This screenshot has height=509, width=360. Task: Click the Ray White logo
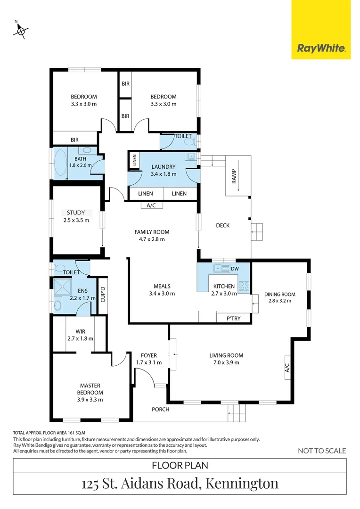coord(321,48)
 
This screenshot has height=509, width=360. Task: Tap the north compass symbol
coord(21,31)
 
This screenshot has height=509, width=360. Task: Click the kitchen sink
coord(220,269)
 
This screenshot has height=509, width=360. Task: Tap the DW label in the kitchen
coord(234,269)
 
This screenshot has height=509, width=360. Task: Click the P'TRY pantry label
coord(233,319)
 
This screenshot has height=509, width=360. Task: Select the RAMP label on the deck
coord(233,175)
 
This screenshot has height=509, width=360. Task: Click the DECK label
coord(222,225)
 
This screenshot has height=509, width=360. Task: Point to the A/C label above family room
coord(151,205)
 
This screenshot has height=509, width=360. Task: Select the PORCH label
coord(160,409)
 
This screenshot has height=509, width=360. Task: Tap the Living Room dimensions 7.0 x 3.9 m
coord(226,362)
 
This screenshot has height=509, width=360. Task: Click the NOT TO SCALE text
coord(322,451)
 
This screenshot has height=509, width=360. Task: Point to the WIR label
coord(81,331)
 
